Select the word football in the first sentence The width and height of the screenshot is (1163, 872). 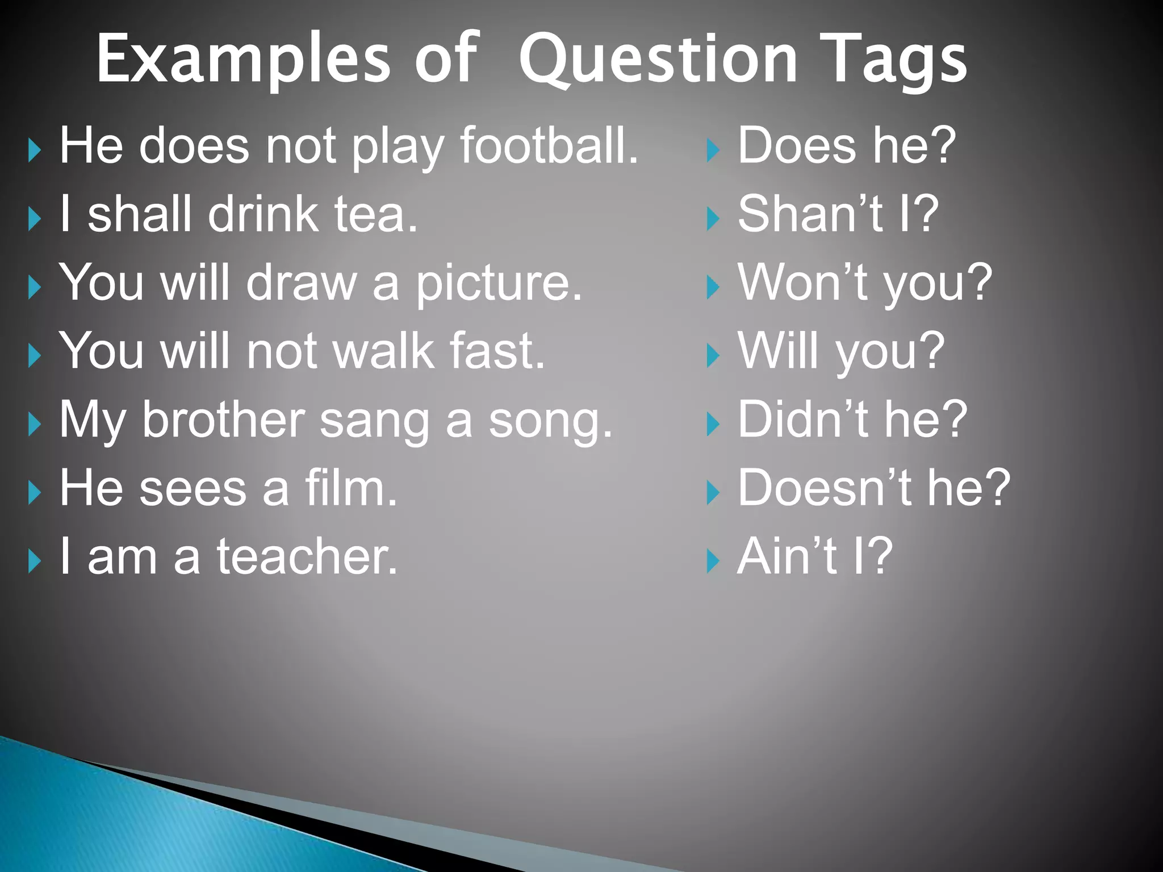click(x=548, y=146)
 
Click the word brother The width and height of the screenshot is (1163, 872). click(x=223, y=420)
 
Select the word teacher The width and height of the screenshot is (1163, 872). click(x=307, y=557)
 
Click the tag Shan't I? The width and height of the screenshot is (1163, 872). click(x=838, y=215)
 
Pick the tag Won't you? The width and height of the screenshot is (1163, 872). click(x=864, y=283)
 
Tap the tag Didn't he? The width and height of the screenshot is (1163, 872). click(x=852, y=420)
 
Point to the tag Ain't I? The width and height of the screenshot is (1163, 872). click(x=814, y=557)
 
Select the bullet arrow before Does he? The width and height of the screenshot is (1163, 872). click(x=713, y=151)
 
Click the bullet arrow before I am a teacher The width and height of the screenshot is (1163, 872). click(x=35, y=562)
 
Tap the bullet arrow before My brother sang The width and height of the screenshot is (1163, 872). click(x=35, y=425)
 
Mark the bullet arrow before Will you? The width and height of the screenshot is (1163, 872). click(x=713, y=357)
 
